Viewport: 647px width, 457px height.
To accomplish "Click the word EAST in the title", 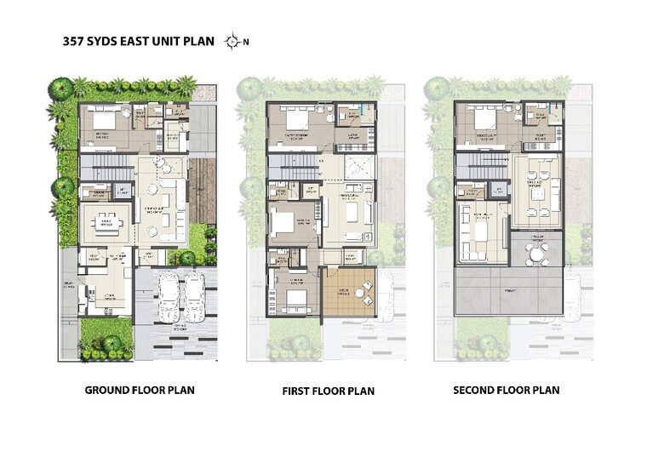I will tap(137, 41).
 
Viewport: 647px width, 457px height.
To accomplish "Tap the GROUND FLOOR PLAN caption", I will tap(140, 391).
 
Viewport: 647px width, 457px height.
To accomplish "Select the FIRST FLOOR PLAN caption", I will tap(328, 391).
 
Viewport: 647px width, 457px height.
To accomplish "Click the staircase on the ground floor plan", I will tap(107, 163).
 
